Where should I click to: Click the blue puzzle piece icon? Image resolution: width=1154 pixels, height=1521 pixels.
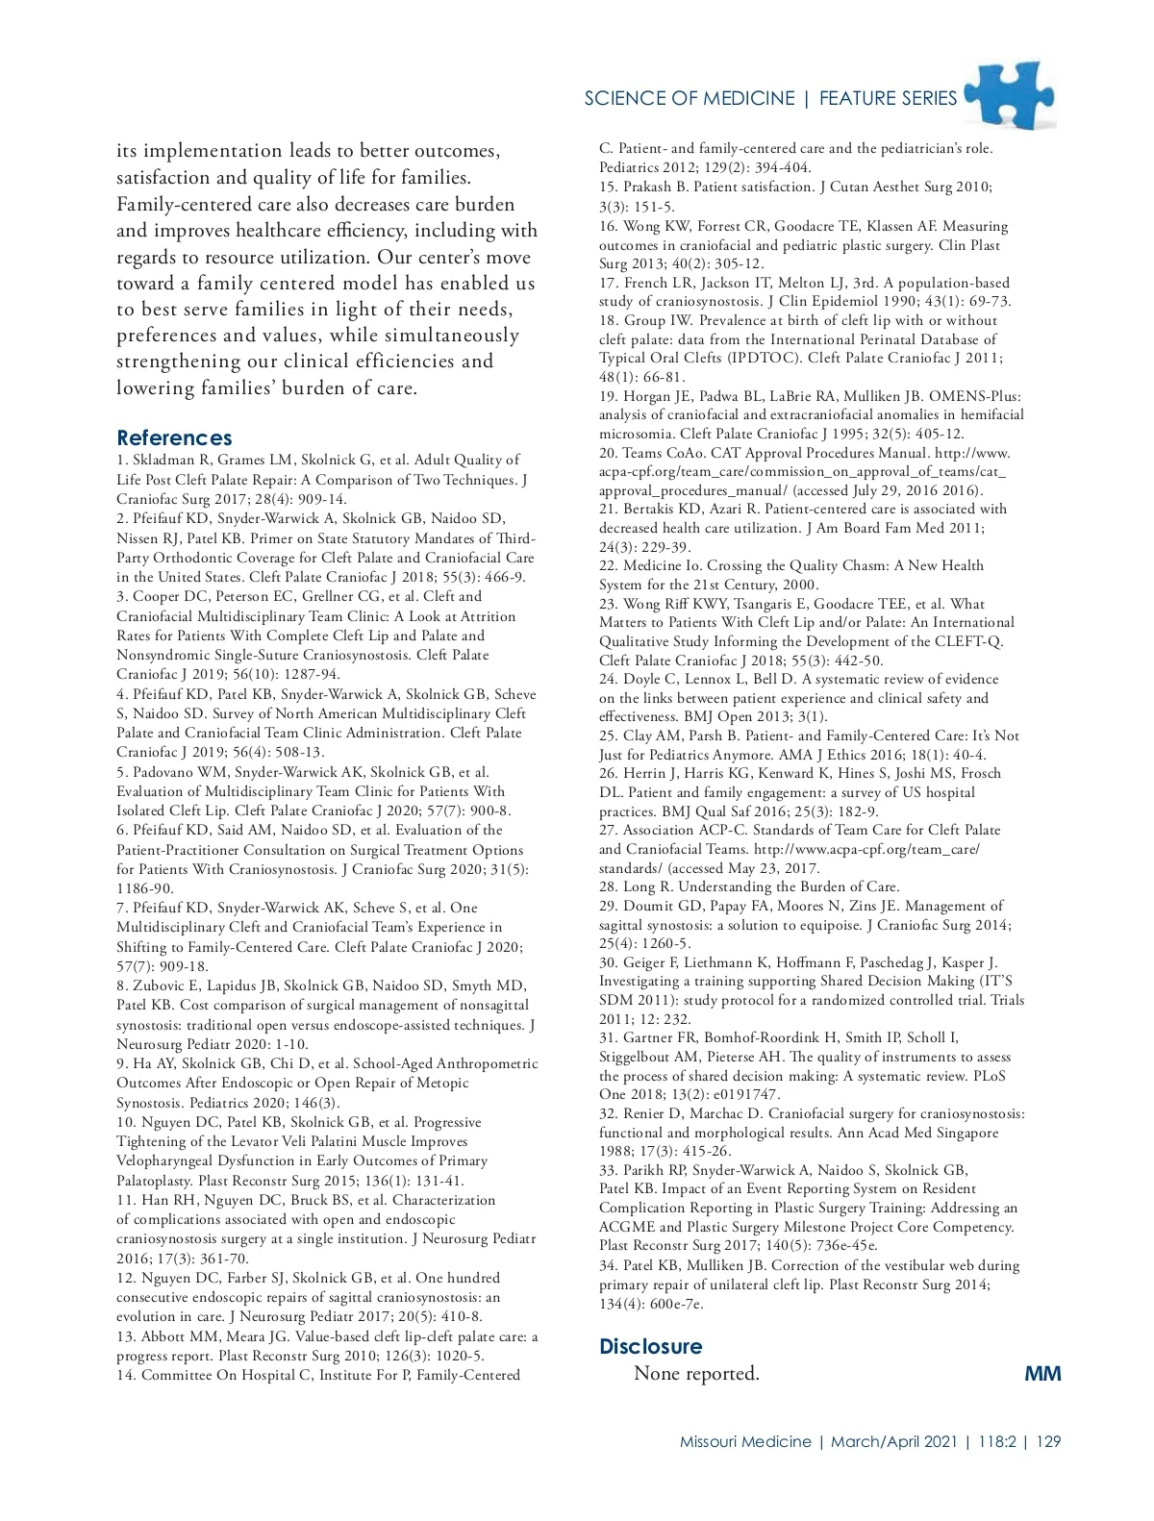pos(1009,95)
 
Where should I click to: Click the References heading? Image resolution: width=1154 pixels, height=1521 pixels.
pos(174,438)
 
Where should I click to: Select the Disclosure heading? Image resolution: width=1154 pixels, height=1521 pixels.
pos(650,1346)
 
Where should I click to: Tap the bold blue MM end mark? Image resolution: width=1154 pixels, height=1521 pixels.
pos(1042,1373)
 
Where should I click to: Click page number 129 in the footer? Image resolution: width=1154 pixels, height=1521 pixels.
pos(1048,1442)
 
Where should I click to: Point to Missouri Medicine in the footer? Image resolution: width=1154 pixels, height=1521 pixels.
pos(745,1442)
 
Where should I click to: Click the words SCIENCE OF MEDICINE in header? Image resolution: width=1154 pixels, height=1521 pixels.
pos(689,98)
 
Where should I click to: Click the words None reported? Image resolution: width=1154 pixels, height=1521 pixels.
pos(696,1374)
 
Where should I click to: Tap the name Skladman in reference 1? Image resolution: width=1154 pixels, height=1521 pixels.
pos(161,461)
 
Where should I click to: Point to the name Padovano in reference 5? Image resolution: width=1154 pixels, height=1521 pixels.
pos(165,772)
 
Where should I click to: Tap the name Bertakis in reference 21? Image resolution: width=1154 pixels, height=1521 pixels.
pos(655,510)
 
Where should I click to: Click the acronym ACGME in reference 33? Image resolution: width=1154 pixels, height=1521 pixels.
pos(626,1227)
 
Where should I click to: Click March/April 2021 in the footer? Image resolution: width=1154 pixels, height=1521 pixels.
pos(894,1442)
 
